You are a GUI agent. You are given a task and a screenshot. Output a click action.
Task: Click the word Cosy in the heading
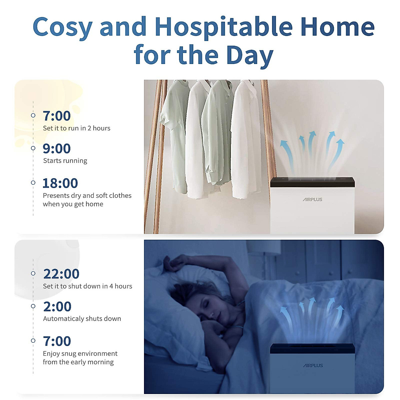coord(62,28)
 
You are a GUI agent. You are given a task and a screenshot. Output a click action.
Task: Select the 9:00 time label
coord(57,149)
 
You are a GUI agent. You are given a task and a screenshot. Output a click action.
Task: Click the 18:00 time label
coord(60,183)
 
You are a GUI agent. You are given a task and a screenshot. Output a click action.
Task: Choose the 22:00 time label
coord(61,274)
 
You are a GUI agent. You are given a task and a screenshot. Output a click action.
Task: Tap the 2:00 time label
coord(57,307)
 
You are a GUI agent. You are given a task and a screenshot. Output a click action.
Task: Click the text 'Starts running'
coord(65,161)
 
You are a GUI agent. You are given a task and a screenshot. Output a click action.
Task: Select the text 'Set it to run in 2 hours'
coord(77,128)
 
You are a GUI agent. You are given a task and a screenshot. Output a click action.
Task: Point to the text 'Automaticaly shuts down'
coord(82,319)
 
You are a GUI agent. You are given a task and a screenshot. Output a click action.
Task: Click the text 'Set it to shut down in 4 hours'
coord(87,286)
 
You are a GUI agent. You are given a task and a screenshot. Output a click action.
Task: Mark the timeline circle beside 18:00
coord(33,183)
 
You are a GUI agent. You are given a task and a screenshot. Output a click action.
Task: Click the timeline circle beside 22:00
coord(33,273)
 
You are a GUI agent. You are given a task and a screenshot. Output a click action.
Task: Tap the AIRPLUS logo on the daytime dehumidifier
coord(312,200)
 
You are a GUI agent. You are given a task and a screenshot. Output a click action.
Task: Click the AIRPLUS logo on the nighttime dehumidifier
coord(313,366)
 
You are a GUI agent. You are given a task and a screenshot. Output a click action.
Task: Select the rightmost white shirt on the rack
coord(246,139)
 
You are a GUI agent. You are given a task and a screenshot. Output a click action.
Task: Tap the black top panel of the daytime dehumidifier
coord(312,182)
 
